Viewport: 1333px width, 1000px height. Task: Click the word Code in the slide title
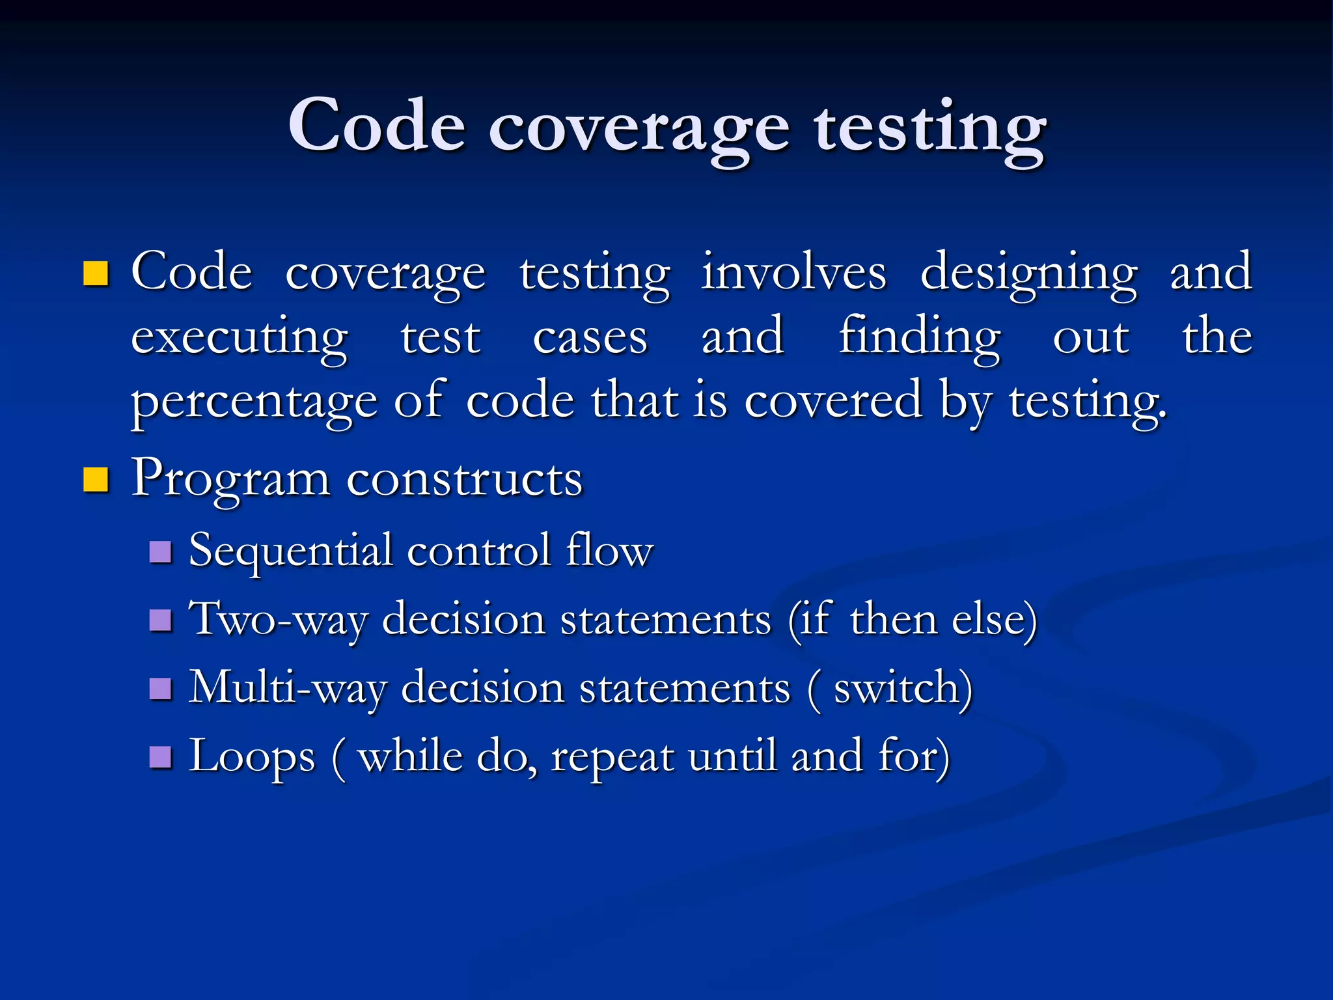click(x=377, y=125)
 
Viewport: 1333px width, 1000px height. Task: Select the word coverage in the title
click(x=639, y=130)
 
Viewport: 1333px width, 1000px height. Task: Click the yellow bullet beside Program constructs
click(x=96, y=480)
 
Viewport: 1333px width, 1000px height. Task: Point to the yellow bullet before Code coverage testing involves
click(x=96, y=273)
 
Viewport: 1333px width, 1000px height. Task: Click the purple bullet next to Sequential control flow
click(x=160, y=552)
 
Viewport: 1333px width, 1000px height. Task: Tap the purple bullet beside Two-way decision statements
click(x=160, y=620)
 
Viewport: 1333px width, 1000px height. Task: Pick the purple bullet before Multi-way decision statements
click(x=160, y=688)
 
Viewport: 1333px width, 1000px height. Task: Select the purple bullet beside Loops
click(x=160, y=757)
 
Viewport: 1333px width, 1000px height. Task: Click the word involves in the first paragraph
click(x=793, y=272)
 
